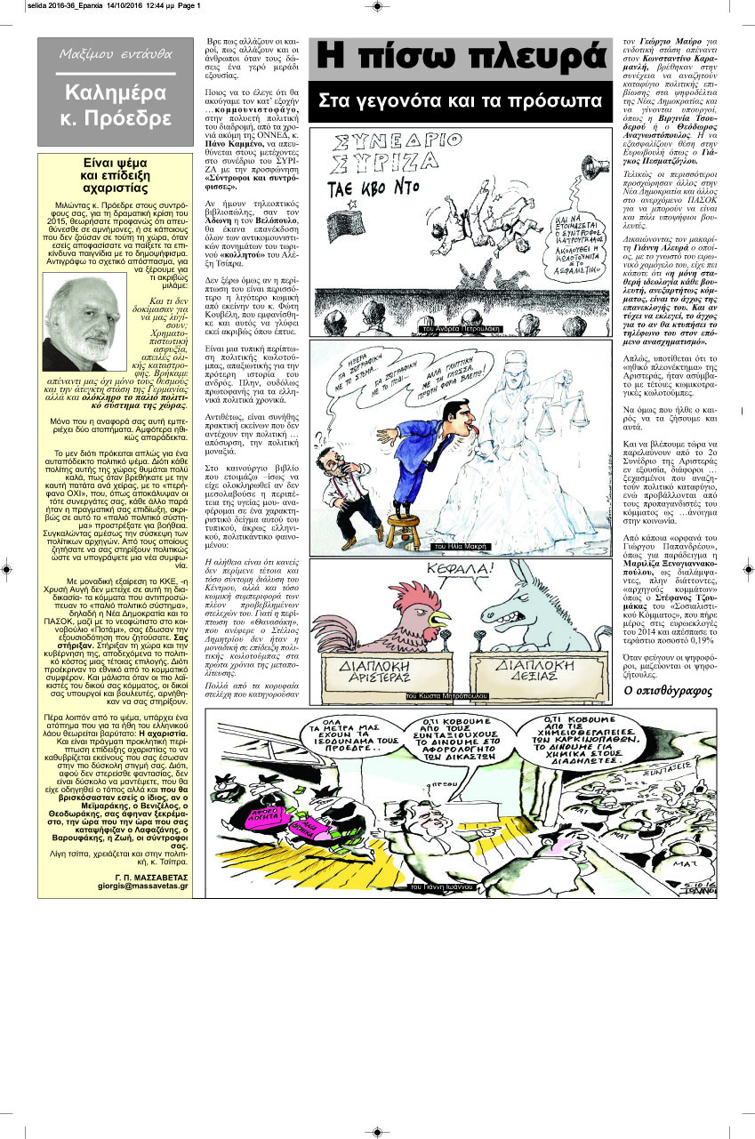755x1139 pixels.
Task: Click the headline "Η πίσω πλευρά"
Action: point(460,58)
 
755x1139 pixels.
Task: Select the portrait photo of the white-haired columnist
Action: point(85,322)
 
